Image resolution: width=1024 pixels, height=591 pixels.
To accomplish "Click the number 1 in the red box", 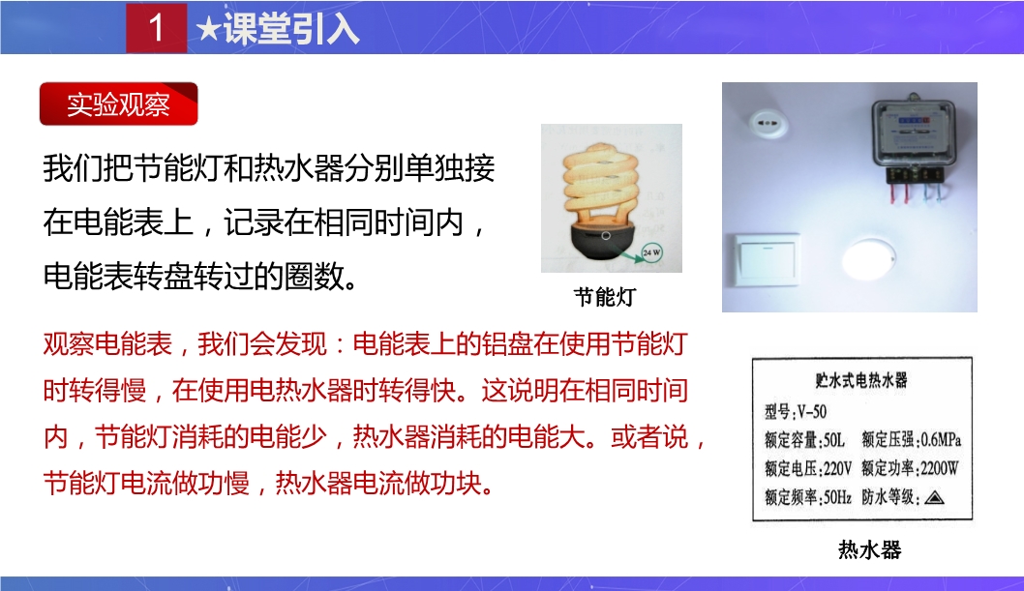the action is (x=156, y=27).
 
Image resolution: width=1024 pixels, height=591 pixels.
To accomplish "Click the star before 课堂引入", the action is (x=208, y=29).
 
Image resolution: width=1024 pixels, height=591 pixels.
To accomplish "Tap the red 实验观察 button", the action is (x=119, y=103).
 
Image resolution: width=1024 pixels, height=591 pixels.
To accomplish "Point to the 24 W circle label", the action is (x=651, y=252).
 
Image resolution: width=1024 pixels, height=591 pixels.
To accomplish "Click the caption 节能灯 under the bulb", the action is (x=605, y=298).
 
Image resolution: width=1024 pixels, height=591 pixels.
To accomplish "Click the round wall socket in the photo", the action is (x=768, y=123).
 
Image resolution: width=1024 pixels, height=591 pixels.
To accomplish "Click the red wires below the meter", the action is (x=899, y=193).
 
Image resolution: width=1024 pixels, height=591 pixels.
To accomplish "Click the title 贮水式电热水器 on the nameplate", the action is (x=860, y=380).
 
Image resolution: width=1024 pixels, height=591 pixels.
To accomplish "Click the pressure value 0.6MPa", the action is (x=941, y=440).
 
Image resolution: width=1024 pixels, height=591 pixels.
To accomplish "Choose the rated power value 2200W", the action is (x=939, y=468).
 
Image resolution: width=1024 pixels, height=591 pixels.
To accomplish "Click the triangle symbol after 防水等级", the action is (x=935, y=498).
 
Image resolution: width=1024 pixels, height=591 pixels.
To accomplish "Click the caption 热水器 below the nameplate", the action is (x=869, y=550).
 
